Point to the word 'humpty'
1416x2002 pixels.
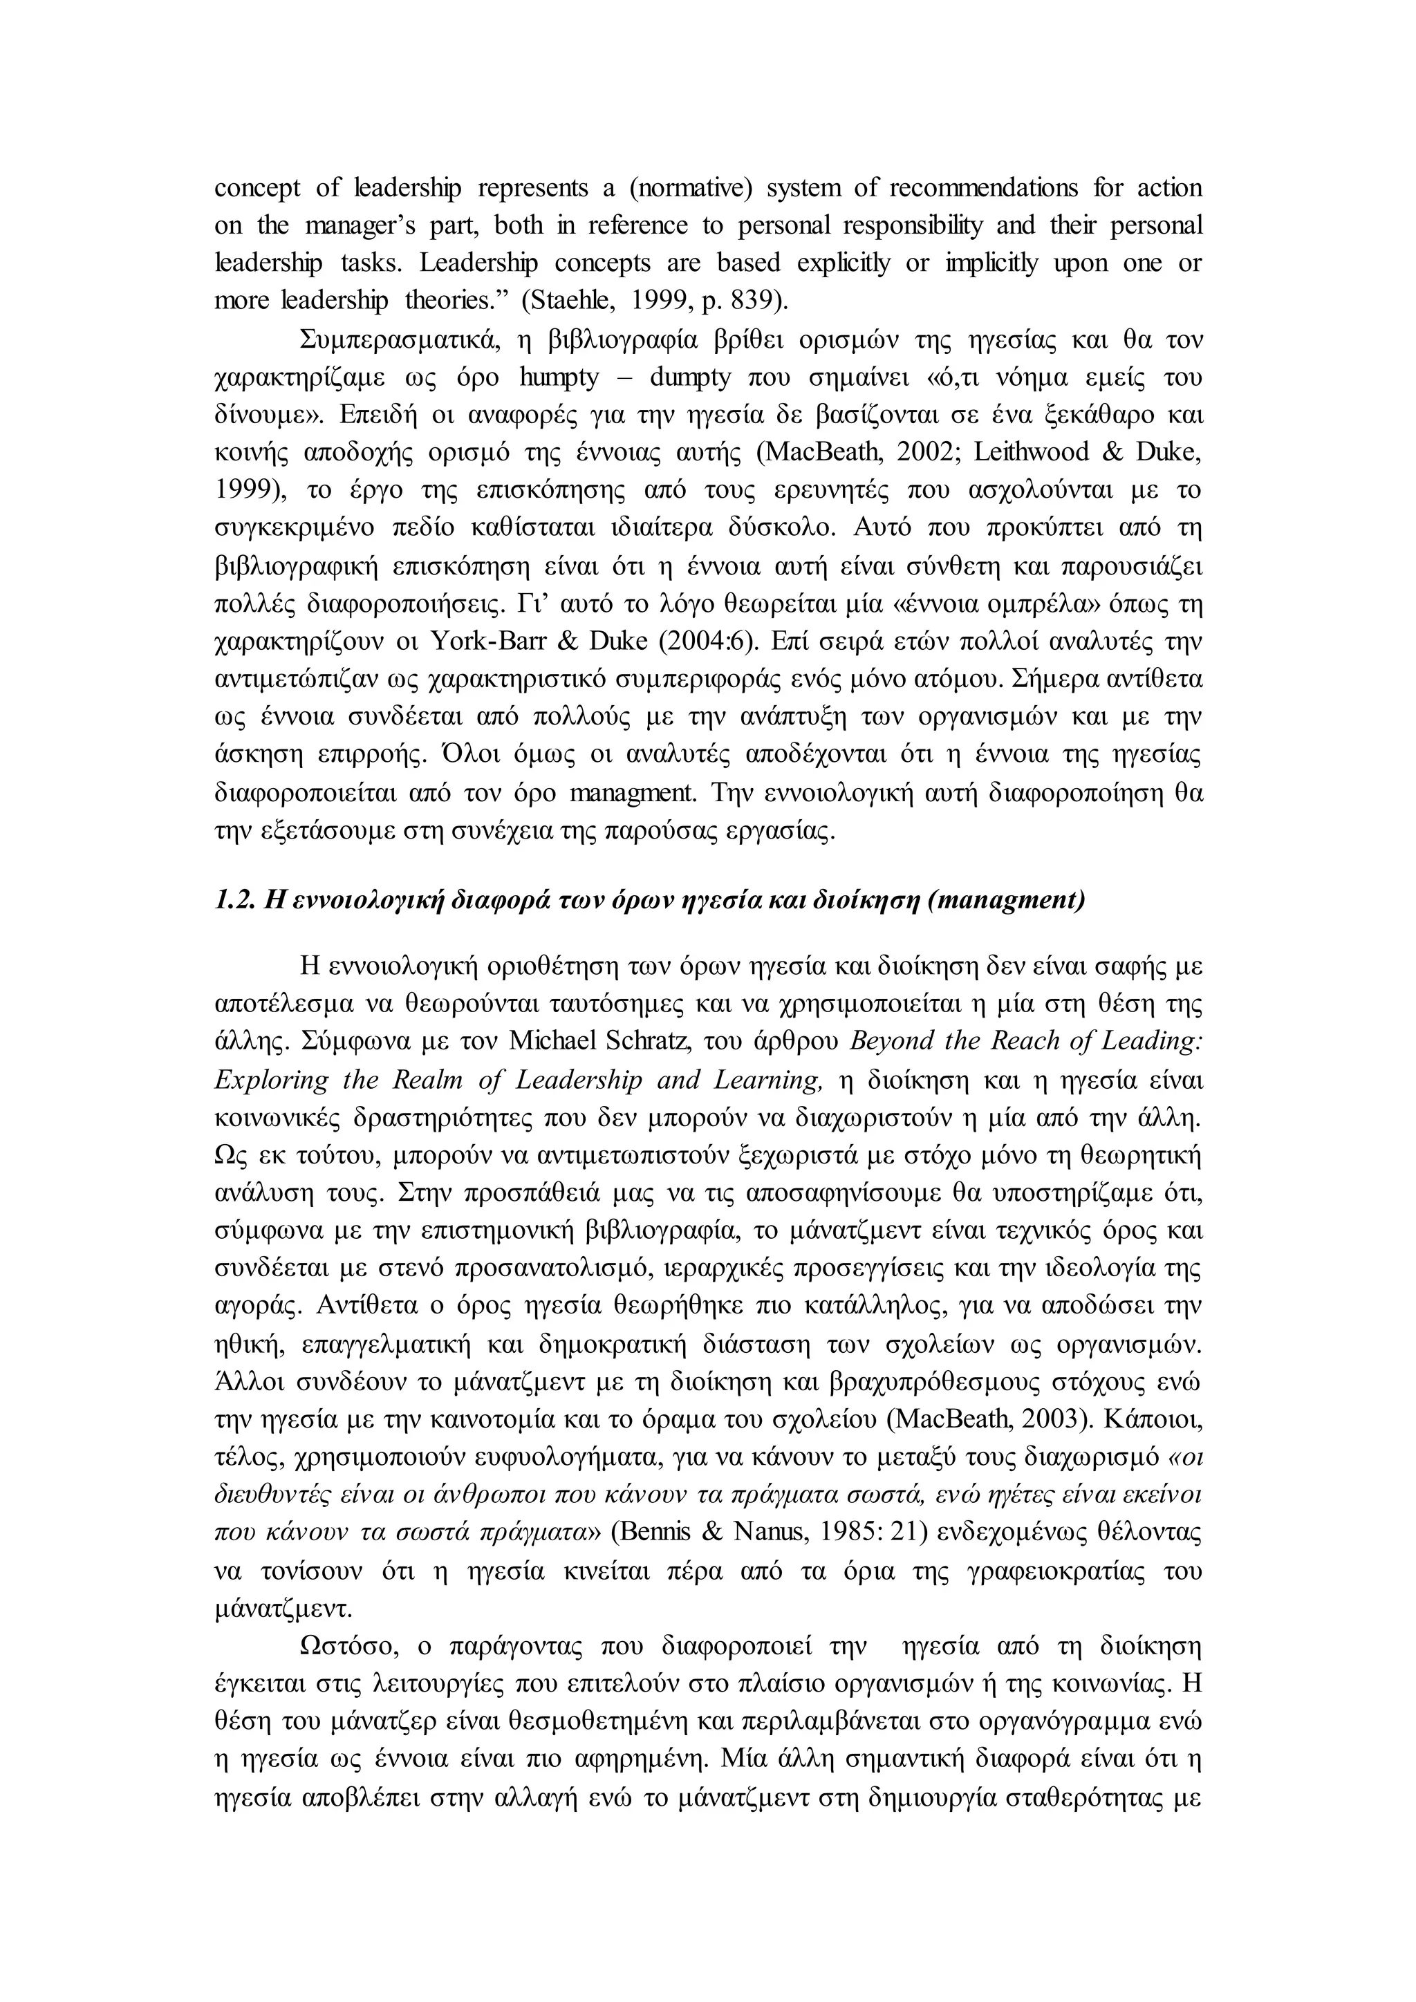point(559,377)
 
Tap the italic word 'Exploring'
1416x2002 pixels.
point(271,1080)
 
